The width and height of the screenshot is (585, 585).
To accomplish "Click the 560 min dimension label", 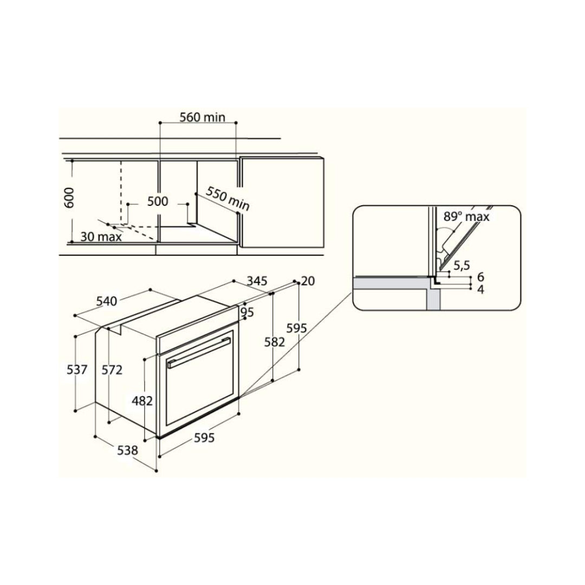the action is (203, 117).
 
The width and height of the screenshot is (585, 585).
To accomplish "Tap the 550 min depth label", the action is (227, 198).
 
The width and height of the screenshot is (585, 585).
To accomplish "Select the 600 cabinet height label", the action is (69, 198).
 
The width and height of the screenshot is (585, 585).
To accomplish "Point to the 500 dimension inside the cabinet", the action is (158, 201).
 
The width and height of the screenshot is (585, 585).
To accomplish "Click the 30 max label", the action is (101, 237).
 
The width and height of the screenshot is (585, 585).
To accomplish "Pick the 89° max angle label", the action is (466, 216).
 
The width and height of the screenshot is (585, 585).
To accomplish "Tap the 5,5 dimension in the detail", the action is (461, 265).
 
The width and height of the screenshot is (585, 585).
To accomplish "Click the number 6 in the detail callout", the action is (480, 277).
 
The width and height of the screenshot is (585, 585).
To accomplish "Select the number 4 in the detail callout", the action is (480, 289).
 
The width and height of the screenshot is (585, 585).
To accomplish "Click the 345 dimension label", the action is (257, 280).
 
